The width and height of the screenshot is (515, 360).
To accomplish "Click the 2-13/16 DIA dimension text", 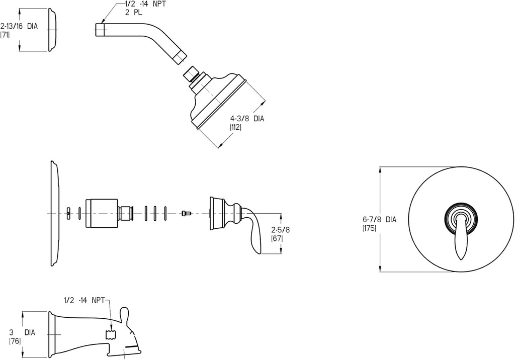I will pos(19,25).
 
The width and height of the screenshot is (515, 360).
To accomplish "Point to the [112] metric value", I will pos(236,128).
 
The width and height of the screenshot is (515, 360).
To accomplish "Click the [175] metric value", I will pos(369,228).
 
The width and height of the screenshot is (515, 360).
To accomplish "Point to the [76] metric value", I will pos(15,341).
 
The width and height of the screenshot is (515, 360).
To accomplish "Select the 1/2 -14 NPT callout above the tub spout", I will pos(84,300).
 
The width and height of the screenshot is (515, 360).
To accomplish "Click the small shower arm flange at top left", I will pos(53,30).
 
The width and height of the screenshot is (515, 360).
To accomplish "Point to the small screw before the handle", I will pos(187,213).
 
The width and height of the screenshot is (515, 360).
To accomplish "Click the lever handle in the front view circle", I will pos(460,236).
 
